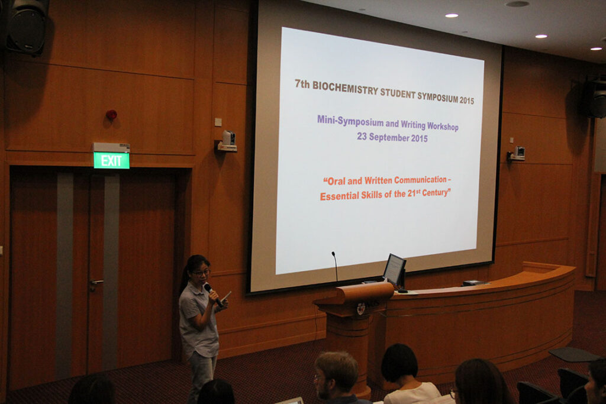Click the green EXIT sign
coord(111,160)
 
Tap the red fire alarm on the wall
coord(111,114)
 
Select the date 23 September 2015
coord(392,137)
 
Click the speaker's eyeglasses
coord(201,273)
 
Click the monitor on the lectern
coord(394,271)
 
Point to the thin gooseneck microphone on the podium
coord(335,267)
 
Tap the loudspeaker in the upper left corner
coord(26,26)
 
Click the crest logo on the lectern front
coord(361,308)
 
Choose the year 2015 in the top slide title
coord(466,100)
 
